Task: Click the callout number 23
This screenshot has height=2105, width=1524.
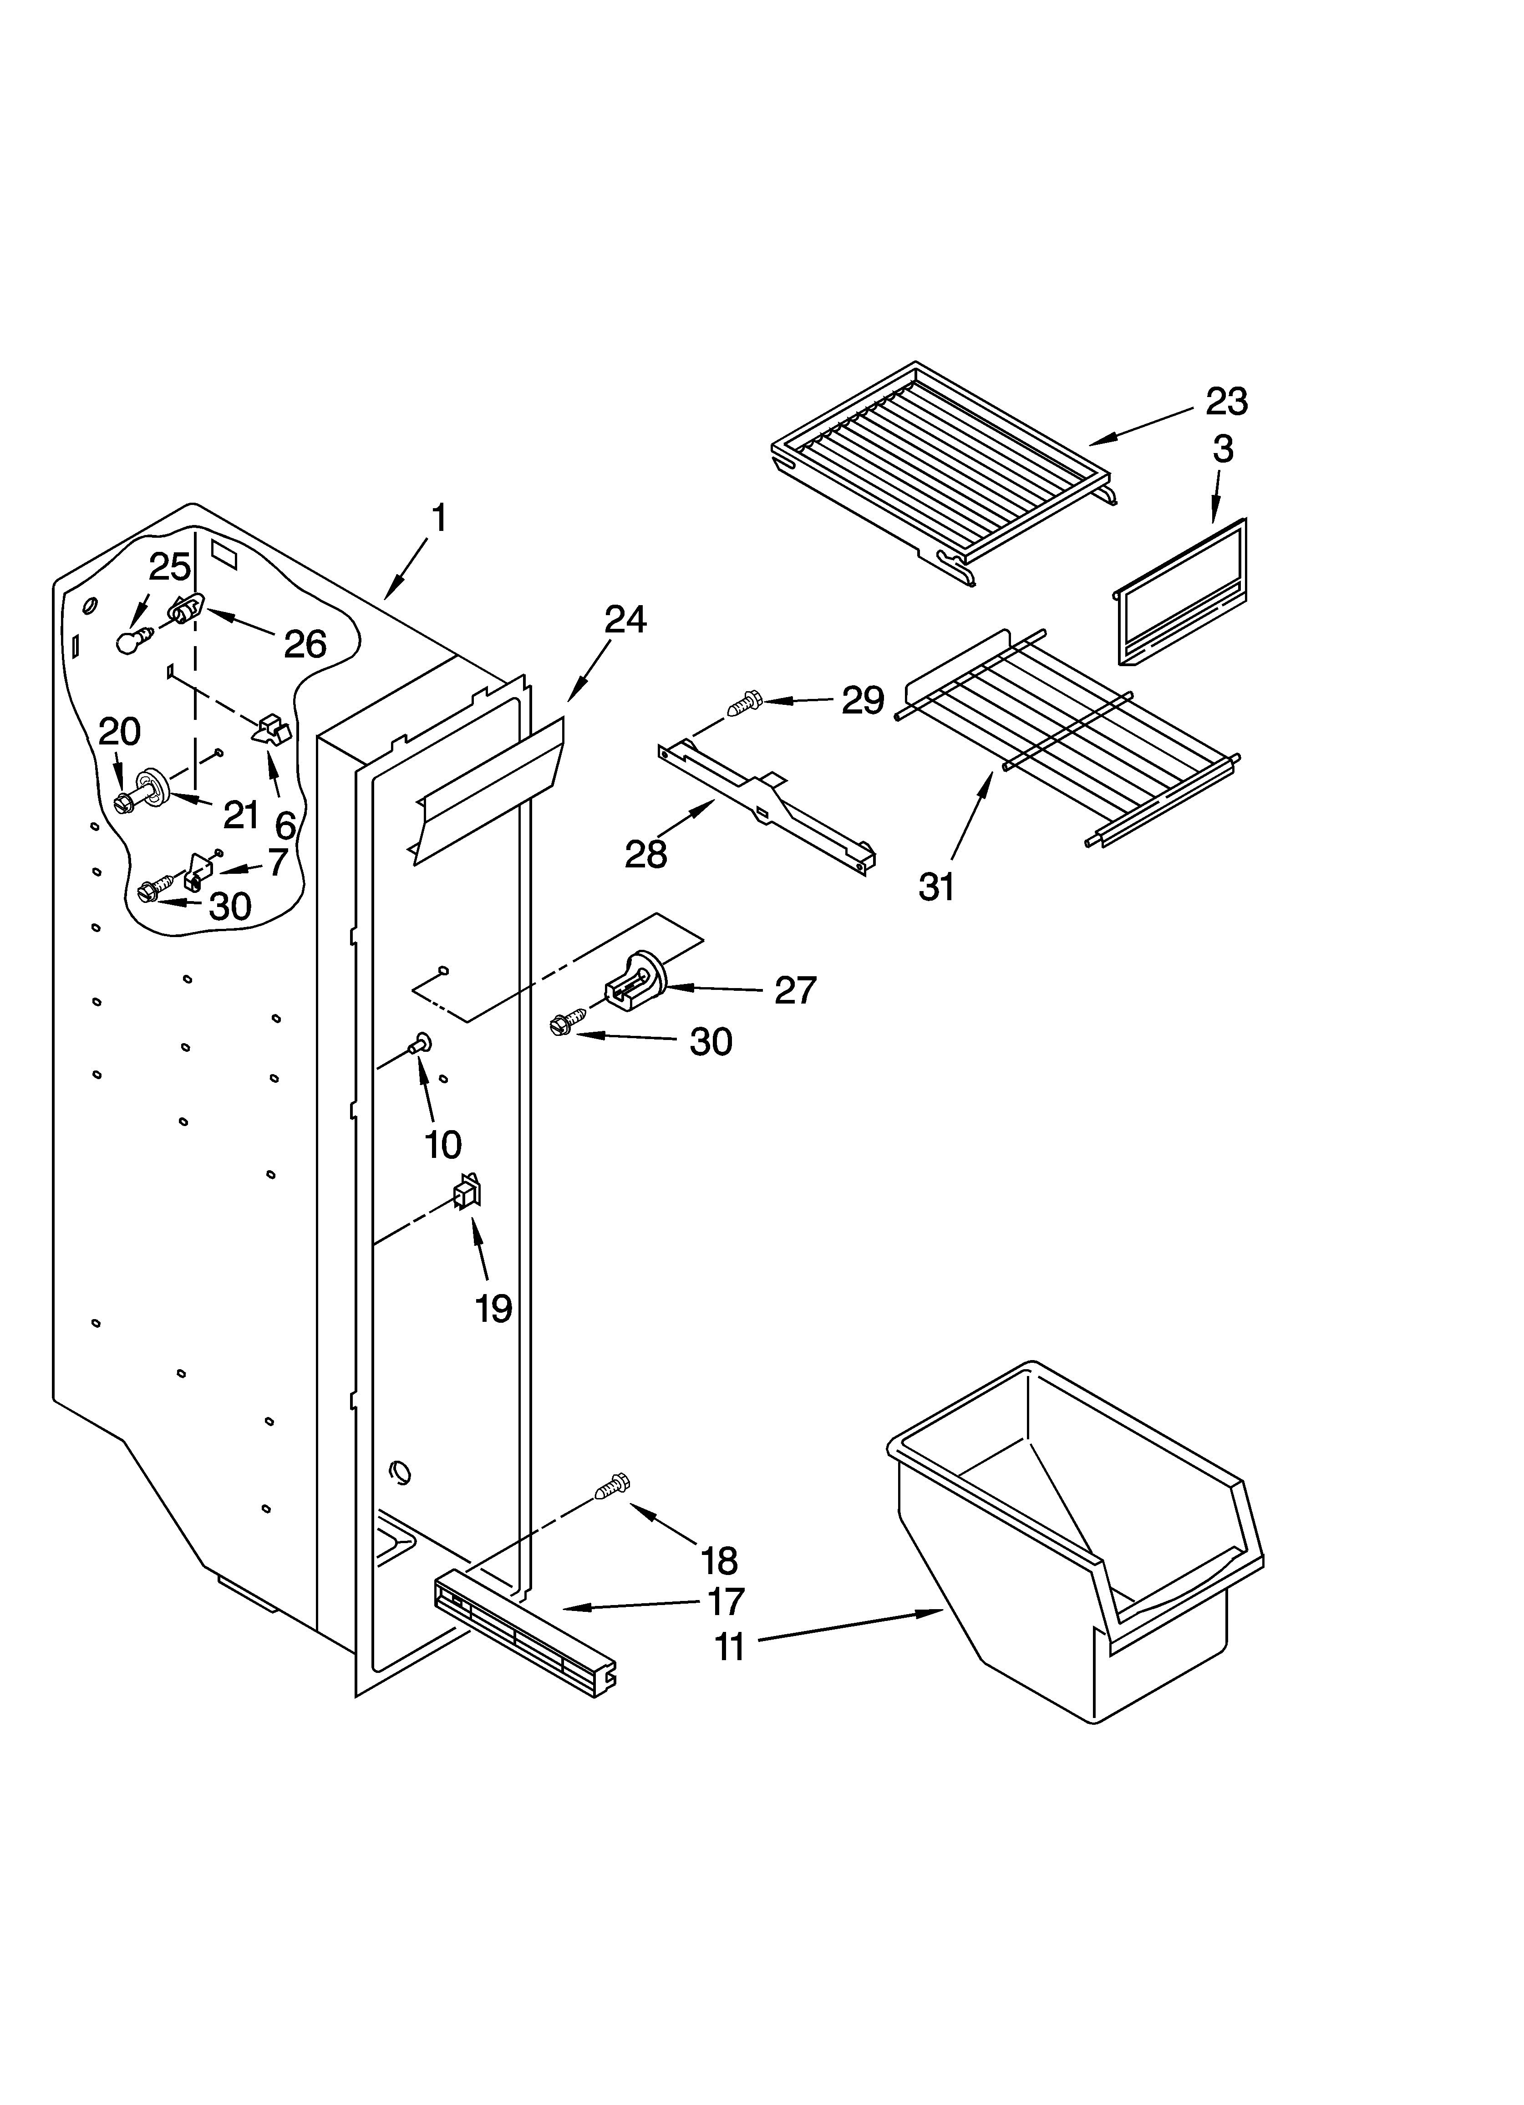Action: point(1226,402)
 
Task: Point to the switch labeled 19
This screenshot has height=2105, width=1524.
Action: point(466,1192)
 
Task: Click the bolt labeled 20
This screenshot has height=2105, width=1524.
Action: point(124,802)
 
